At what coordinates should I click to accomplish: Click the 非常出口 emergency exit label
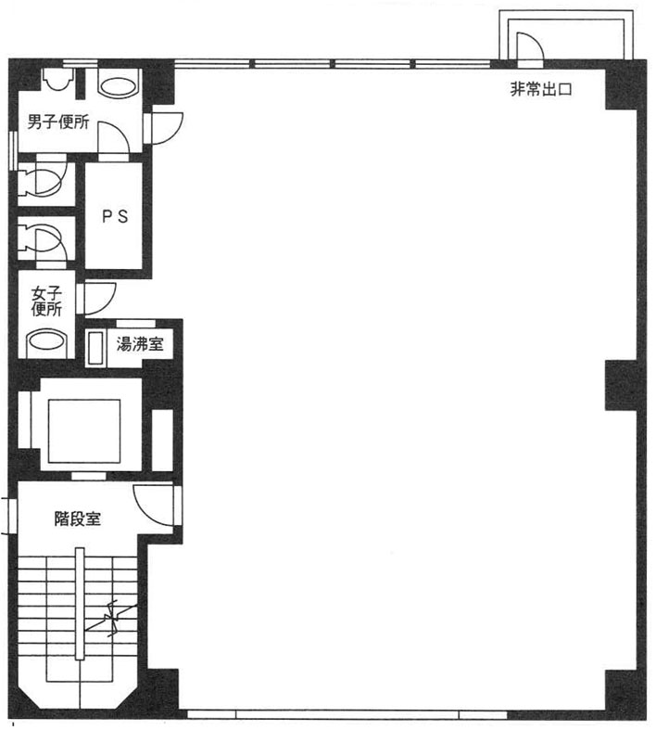541,89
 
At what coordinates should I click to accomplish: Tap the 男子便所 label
58,122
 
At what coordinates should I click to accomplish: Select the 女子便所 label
46,301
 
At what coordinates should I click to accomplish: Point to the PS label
115,216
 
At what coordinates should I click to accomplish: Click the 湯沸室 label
140,344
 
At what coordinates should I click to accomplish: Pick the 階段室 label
78,519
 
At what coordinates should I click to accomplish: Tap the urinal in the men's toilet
58,79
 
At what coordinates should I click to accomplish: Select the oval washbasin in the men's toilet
119,86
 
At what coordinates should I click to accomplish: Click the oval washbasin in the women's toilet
46,341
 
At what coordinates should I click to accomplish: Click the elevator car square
84,431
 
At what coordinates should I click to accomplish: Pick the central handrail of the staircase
80,603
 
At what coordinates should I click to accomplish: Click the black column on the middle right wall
621,385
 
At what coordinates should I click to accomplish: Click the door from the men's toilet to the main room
163,128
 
